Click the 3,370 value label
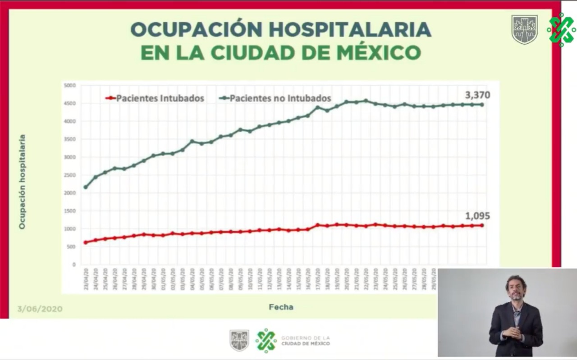pos(477,95)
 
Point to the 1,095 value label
pos(477,216)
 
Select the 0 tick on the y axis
pos(74,264)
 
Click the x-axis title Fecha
pos(281,307)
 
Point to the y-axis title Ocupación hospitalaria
pos(22,182)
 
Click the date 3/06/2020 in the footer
pos(40,309)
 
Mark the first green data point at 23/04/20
pos(86,187)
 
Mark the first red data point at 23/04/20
pos(86,242)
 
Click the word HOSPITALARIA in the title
pos(350,30)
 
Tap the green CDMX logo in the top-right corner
pos(561,30)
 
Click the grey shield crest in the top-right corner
pos(524,30)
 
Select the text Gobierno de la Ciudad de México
pos(305,341)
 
